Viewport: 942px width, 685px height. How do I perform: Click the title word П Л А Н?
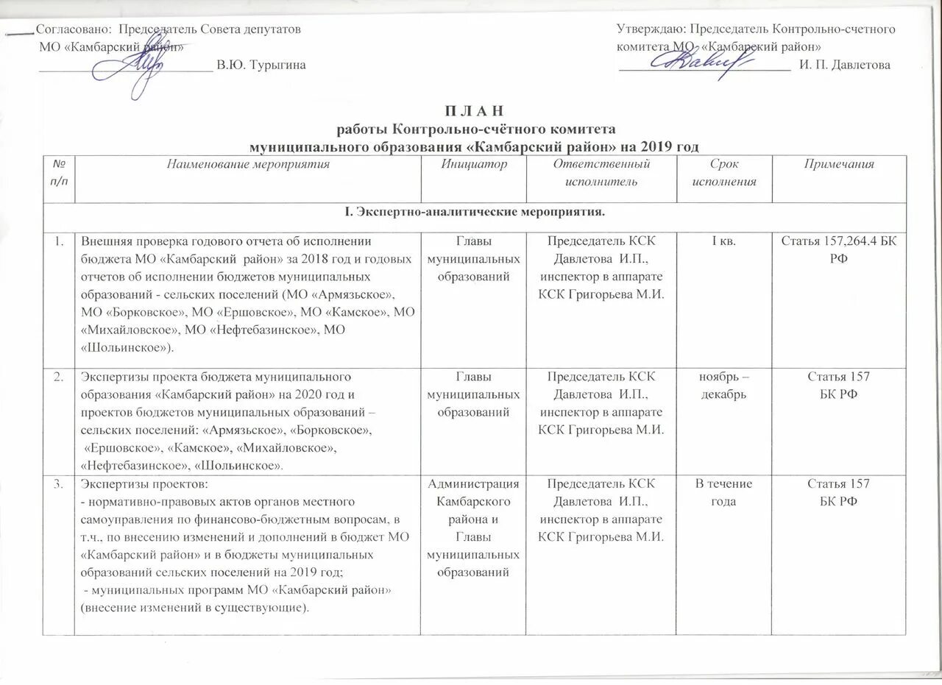472,112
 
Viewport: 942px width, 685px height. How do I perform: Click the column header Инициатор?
473,164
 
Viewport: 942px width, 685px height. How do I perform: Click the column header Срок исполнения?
725,171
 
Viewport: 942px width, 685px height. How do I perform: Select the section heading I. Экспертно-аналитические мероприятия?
471,213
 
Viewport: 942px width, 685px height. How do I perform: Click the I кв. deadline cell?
725,241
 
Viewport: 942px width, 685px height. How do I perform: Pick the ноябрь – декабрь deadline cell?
725,385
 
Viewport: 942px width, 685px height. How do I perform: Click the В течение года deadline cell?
725,492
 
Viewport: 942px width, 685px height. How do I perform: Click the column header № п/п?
63,171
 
